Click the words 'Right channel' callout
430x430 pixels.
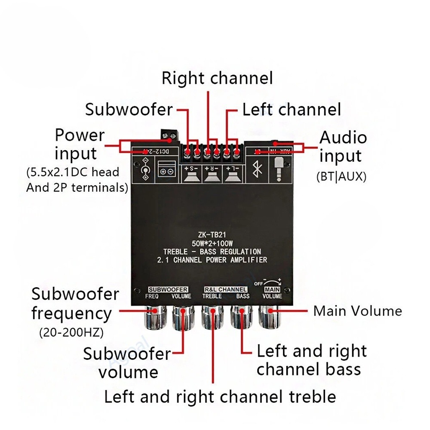coord(217,78)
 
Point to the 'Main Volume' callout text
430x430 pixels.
coord(357,311)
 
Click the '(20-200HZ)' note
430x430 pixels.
coord(71,333)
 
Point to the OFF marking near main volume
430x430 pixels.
coord(258,284)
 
